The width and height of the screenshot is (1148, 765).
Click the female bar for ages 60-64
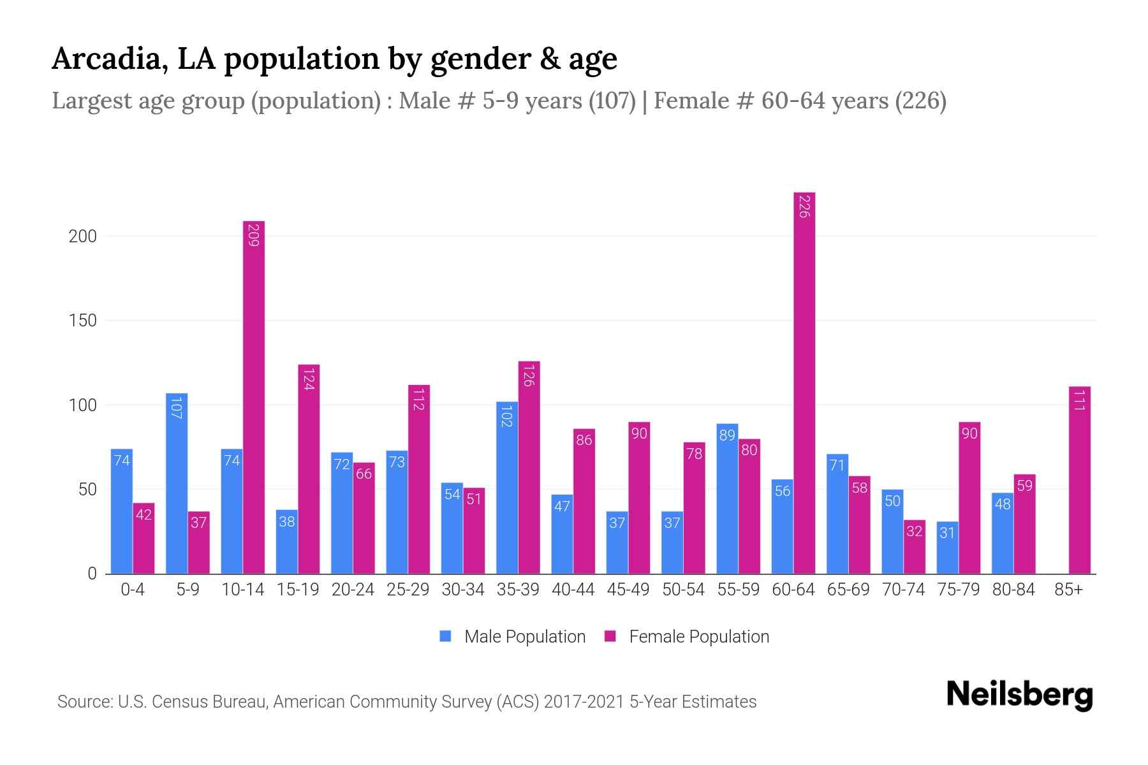point(804,382)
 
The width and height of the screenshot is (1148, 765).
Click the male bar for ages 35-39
point(507,488)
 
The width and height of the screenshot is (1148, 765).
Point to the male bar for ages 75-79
point(947,548)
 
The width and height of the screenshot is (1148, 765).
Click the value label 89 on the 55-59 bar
point(727,435)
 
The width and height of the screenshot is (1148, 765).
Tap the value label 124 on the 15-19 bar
point(309,379)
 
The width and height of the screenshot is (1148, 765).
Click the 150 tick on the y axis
point(83,321)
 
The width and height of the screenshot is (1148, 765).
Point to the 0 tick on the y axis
point(92,574)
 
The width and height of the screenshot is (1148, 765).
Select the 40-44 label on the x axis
point(573,590)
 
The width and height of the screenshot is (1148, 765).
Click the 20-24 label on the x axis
point(353,590)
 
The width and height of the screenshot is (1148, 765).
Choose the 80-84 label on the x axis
point(1013,590)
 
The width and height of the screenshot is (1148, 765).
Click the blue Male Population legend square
point(445,636)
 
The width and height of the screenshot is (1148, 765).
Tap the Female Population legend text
point(699,637)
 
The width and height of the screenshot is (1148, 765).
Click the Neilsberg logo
point(1019,695)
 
